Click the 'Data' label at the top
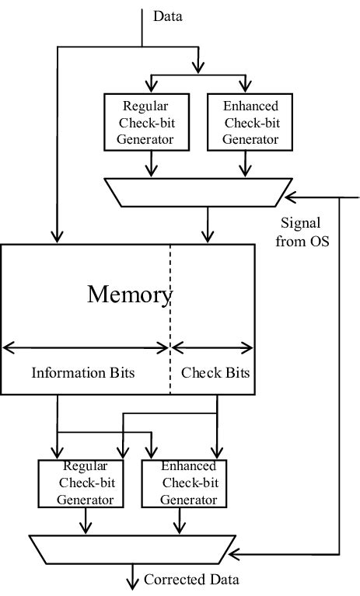(x=167, y=16)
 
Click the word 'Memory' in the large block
(x=129, y=295)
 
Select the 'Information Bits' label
(x=83, y=373)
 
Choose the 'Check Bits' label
(x=215, y=373)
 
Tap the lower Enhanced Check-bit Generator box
(x=188, y=483)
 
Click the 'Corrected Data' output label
(x=191, y=580)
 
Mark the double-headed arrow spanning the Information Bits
(x=86, y=347)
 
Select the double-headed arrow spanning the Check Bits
(x=212, y=347)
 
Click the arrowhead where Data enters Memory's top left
(x=56, y=238)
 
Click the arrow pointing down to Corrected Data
(x=132, y=580)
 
